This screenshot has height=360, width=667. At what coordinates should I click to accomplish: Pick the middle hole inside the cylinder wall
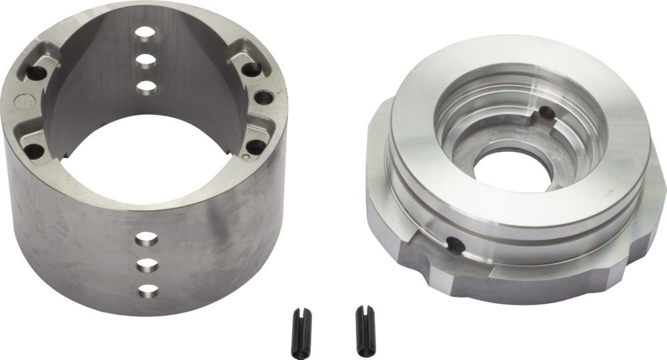[145, 59]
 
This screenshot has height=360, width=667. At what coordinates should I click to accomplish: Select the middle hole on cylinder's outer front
[146, 265]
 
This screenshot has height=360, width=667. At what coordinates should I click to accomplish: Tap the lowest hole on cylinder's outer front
[147, 290]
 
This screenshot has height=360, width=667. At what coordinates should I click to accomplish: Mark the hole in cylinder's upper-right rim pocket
[251, 68]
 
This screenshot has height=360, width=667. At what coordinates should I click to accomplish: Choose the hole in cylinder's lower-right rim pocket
[253, 146]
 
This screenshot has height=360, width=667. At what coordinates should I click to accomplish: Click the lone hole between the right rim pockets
[264, 98]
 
